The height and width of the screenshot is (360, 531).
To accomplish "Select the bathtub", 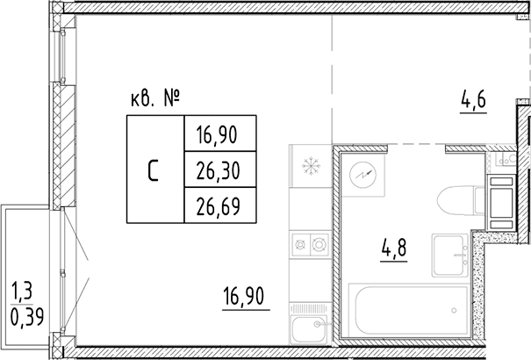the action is (409, 310).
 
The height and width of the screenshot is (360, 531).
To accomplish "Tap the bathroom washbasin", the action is (450, 256).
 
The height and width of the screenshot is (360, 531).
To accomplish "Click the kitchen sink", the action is (310, 329).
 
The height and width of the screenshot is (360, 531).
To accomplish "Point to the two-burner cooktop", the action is (311, 244).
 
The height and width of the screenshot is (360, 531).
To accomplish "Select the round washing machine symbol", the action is (362, 175).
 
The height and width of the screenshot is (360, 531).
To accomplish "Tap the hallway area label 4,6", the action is (473, 100).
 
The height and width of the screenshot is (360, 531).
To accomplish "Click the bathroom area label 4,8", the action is (394, 248).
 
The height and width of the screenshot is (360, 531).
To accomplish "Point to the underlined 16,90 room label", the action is (243, 297).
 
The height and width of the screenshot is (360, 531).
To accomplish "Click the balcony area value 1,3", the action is (22, 291).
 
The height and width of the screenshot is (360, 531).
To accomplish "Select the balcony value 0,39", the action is (27, 318).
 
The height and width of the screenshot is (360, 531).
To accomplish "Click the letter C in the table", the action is (153, 170).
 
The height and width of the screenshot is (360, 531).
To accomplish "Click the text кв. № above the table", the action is (154, 99).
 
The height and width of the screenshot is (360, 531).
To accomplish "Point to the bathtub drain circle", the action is (454, 310).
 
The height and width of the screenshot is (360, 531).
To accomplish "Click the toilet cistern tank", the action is (480, 200).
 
